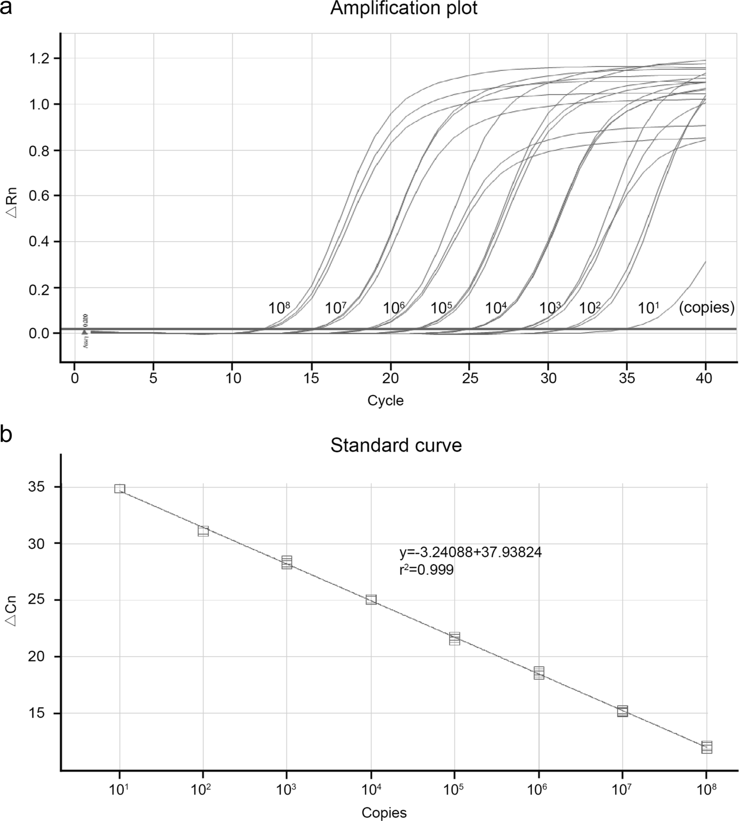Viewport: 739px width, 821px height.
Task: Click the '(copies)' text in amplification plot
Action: tap(706, 308)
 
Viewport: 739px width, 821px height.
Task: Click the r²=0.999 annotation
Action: tap(426, 570)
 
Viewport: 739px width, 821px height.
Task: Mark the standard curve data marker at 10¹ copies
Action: tap(119, 489)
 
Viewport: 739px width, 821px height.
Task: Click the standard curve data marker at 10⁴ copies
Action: tap(371, 600)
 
